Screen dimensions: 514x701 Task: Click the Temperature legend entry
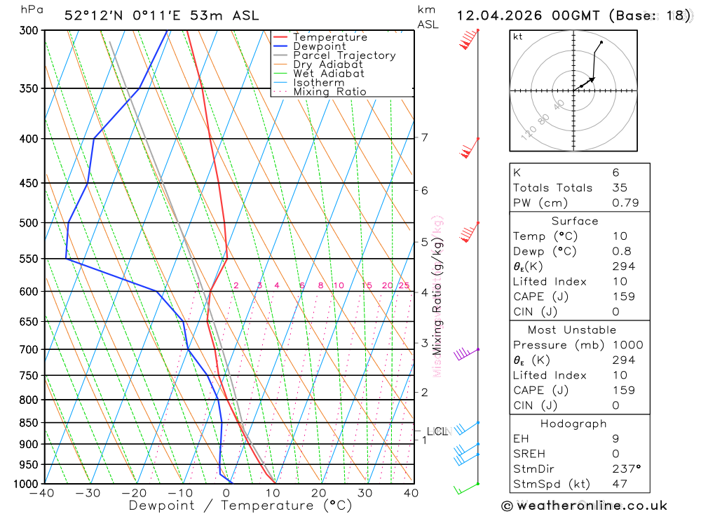pyautogui.click(x=329, y=37)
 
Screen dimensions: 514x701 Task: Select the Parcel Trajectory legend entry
pyautogui.click(x=343, y=55)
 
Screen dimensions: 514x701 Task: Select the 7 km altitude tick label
pyautogui.click(x=425, y=137)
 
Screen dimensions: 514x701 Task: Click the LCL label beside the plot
pyautogui.click(x=437, y=431)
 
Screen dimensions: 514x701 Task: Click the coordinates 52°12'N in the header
pyautogui.click(x=93, y=15)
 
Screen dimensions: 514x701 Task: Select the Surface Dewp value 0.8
pyautogui.click(x=621, y=251)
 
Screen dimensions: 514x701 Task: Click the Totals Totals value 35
pyautogui.click(x=619, y=188)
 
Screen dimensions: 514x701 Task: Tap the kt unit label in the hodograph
pyautogui.click(x=518, y=36)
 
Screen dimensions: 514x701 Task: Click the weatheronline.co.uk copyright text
pyautogui.click(x=584, y=506)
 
